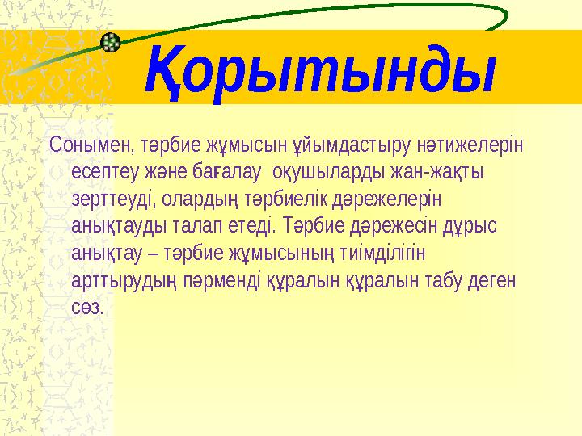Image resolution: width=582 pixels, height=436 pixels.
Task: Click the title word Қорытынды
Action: tap(319, 71)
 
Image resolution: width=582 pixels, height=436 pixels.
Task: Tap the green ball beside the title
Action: tap(112, 41)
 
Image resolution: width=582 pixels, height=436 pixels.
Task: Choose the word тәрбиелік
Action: tap(288, 199)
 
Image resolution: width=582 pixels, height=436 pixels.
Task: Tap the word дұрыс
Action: tap(471, 226)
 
